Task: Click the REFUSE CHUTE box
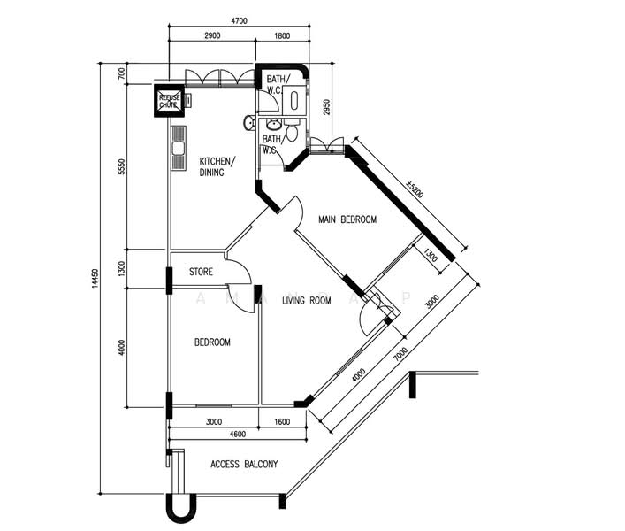point(168,101)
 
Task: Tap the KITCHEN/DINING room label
point(217,166)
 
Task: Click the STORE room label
point(201,273)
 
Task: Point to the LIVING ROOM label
point(307,301)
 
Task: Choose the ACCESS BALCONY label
point(244,464)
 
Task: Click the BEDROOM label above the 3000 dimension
point(212,342)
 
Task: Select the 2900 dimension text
point(211,35)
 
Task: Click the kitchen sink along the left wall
point(179,148)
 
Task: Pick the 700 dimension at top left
point(122,73)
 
